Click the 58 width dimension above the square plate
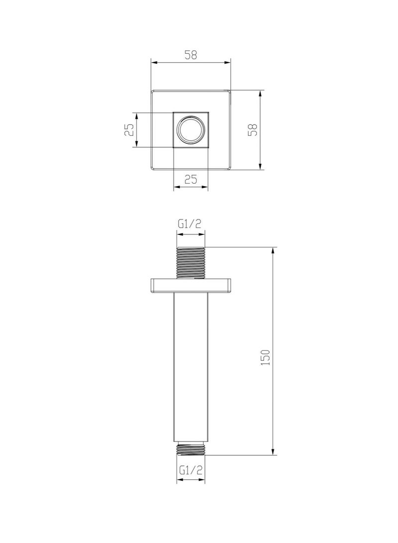tap(191, 55)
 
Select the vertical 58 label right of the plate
tap(253, 130)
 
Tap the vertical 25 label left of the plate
tap(129, 130)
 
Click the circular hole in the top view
tap(191, 130)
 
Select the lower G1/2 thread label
tap(191, 469)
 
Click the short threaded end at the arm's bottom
tap(191, 447)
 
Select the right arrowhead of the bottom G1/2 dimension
tap(202, 480)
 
